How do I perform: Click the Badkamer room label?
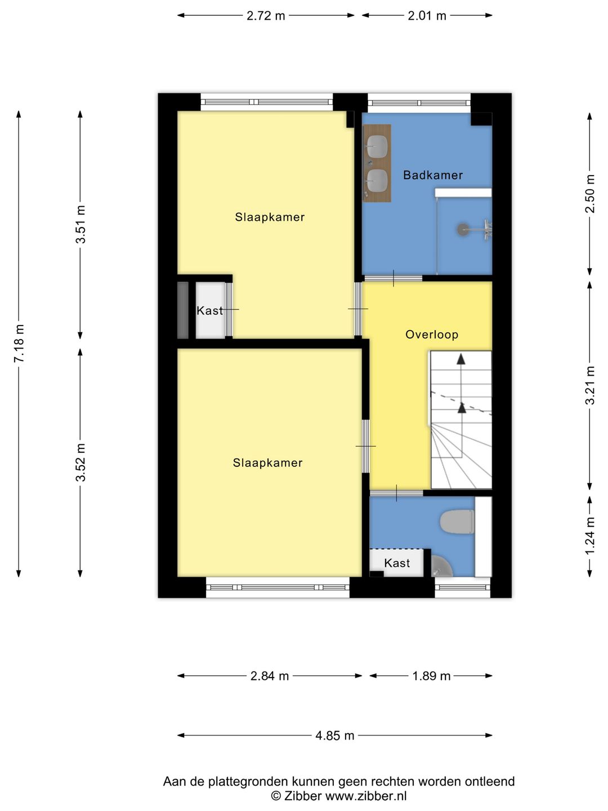[433, 175]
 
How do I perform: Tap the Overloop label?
[432, 335]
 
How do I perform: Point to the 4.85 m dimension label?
[335, 736]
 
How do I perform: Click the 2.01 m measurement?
[427, 16]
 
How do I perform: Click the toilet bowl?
[457, 522]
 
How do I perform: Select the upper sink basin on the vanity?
[377, 145]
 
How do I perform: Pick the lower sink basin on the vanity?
[377, 181]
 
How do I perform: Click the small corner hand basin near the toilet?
[442, 567]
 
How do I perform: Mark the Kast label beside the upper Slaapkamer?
[209, 310]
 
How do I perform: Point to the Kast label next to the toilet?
[397, 563]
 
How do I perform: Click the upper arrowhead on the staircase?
[461, 359]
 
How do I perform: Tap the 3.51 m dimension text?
[81, 224]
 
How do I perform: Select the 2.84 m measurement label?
[270, 676]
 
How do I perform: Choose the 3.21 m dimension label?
[590, 385]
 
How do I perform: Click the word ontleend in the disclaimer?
[490, 782]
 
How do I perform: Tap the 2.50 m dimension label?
[590, 193]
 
